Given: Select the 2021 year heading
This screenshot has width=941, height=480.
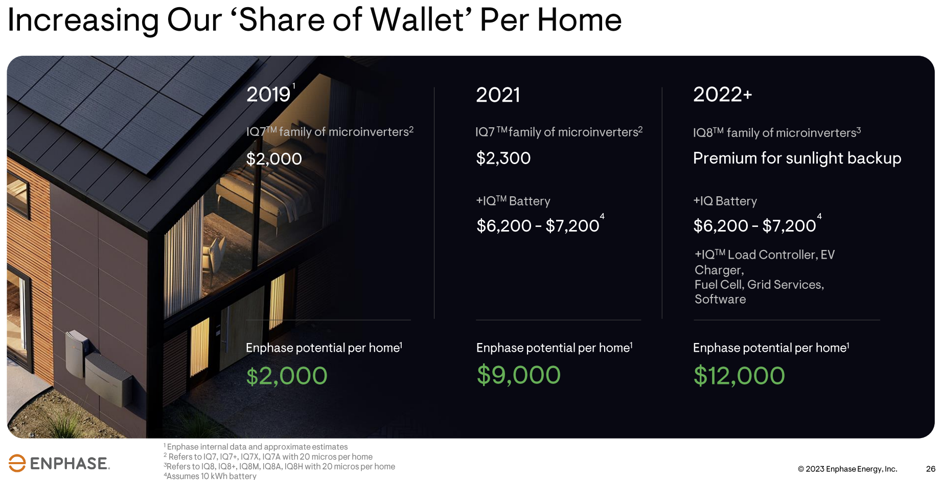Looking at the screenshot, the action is point(498,95).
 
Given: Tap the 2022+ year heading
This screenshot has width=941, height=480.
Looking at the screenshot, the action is point(722,95).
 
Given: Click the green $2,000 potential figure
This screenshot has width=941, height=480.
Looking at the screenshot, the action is point(286,376).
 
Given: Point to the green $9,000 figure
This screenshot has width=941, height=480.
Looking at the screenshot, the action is point(518,375).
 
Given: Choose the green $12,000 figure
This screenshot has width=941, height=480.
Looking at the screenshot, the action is point(739,376).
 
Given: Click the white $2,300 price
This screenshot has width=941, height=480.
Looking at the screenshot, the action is point(503,158).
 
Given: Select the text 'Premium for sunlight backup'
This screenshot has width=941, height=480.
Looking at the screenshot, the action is point(797,158).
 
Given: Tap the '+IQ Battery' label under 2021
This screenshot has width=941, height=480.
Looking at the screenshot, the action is point(513,201).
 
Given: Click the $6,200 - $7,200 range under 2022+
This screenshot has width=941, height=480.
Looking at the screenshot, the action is point(754,225).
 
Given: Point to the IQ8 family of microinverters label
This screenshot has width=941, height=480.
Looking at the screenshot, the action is point(777,132).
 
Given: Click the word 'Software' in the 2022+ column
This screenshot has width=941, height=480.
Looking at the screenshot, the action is point(720,300).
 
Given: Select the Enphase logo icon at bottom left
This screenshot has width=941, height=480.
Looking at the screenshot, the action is point(17,463).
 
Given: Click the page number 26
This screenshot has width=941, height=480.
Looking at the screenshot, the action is point(930,469).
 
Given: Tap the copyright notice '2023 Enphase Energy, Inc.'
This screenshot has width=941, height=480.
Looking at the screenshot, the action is point(851,469).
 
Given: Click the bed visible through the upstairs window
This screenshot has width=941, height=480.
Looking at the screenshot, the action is point(256,197).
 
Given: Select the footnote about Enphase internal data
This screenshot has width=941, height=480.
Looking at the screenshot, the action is point(256,447).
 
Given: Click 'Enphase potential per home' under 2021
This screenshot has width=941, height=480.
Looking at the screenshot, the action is point(554,348).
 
